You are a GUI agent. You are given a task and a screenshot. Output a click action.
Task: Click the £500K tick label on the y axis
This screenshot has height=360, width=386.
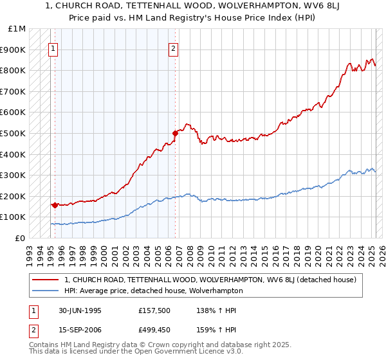click(x=14, y=133)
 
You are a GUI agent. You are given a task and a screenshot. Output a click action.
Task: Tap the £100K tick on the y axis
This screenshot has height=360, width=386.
click(x=14, y=217)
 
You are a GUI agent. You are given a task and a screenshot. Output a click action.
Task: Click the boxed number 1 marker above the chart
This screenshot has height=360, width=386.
click(x=53, y=48)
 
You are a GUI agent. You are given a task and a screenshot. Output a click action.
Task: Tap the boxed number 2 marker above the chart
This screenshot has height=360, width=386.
click(x=174, y=48)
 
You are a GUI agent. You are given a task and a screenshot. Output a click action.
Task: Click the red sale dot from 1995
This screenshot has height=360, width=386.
click(x=55, y=205)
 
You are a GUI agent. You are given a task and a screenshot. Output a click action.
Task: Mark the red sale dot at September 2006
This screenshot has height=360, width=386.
click(x=174, y=134)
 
